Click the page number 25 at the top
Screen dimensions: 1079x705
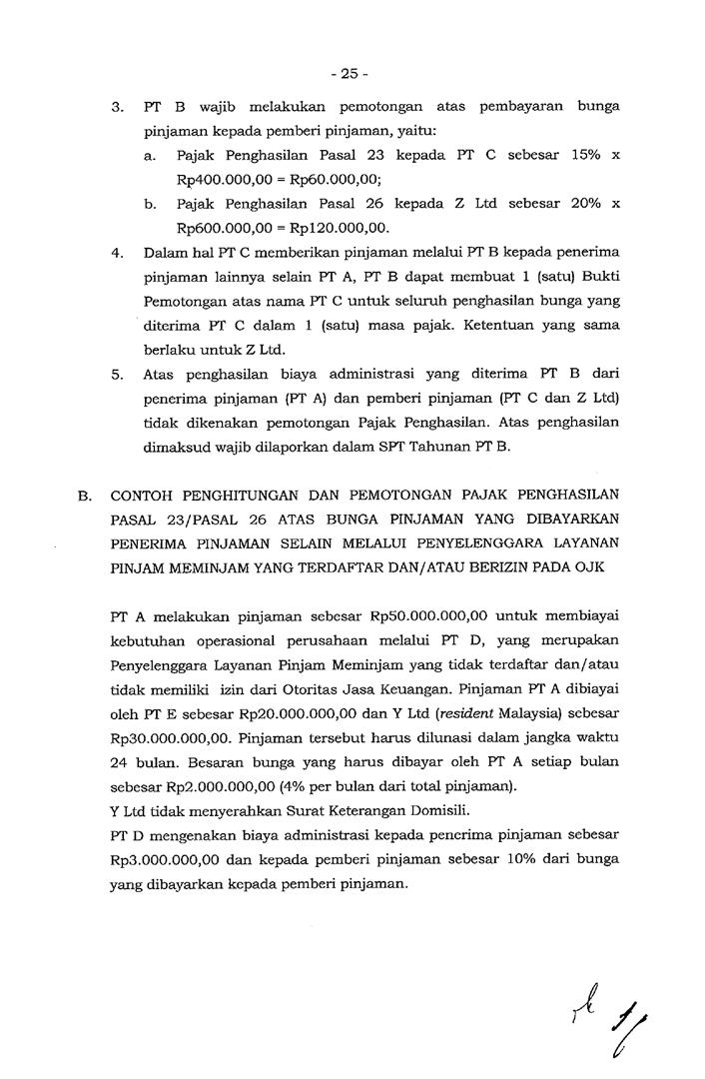(x=351, y=72)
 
